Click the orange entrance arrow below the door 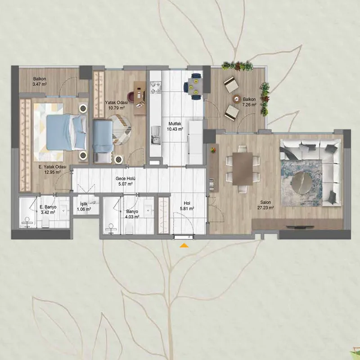(184, 246)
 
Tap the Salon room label (265, 202)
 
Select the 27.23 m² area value (265, 208)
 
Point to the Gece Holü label (126, 179)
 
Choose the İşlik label (84, 204)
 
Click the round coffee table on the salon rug (301, 183)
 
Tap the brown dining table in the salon (243, 169)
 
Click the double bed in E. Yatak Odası (66, 132)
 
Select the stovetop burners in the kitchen (156, 87)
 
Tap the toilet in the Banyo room (130, 229)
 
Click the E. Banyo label (48, 207)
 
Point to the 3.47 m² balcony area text (40, 84)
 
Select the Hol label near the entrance (187, 203)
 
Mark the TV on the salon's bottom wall (297, 227)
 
